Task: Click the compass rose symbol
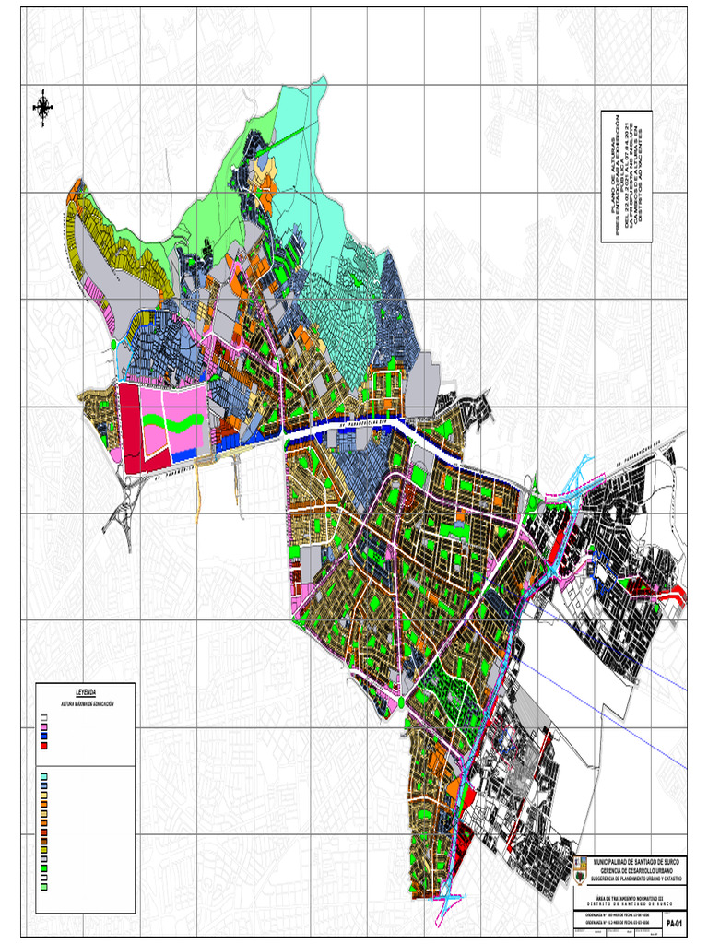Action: coord(42,107)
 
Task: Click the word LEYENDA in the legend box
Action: coord(85,692)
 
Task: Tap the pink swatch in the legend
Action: coord(43,727)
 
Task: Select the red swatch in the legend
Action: coord(43,746)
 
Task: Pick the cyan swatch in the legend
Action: coord(43,776)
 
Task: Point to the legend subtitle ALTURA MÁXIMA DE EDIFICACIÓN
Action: coord(85,703)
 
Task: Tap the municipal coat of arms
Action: coord(581,867)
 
